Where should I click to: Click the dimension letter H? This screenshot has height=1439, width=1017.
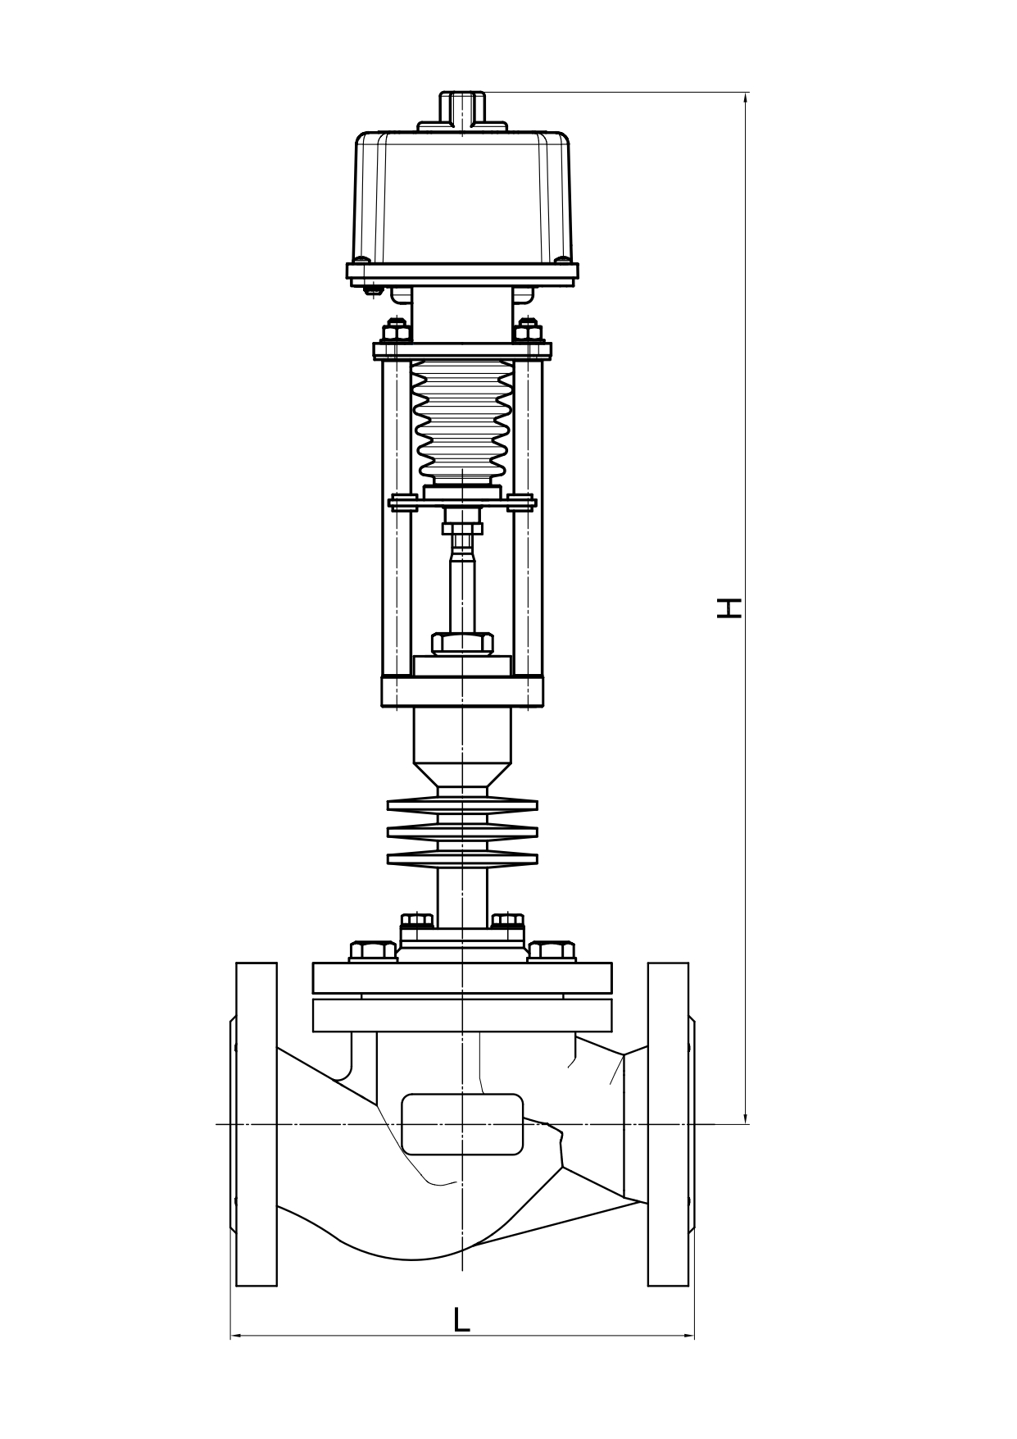click(729, 608)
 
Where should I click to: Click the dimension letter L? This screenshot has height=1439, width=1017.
click(462, 1319)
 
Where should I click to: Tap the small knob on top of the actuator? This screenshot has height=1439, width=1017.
click(462, 109)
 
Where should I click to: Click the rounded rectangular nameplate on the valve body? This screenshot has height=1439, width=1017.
click(462, 1124)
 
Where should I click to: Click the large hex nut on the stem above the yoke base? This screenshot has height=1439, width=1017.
click(462, 643)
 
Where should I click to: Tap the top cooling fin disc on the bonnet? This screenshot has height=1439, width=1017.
click(462, 805)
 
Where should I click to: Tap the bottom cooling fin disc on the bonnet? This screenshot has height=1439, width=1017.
click(462, 858)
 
